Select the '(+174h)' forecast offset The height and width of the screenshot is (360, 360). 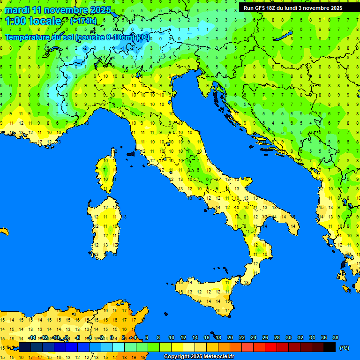[x=83, y=21]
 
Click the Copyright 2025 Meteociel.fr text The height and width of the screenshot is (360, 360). [x=199, y=357]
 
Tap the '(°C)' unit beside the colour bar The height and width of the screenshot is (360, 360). [x=344, y=348]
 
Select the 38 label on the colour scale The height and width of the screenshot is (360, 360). [x=335, y=338]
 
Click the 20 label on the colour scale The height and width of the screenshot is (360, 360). [x=230, y=338]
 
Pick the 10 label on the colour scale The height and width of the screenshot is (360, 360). [x=171, y=338]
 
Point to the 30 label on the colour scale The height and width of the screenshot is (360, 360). [x=288, y=338]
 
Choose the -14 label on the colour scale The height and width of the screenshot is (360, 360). [x=32, y=338]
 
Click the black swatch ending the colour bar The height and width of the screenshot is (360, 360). [x=330, y=347]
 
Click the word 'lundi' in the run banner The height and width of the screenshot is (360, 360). [x=291, y=8]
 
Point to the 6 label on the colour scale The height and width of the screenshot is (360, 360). [x=147, y=338]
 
